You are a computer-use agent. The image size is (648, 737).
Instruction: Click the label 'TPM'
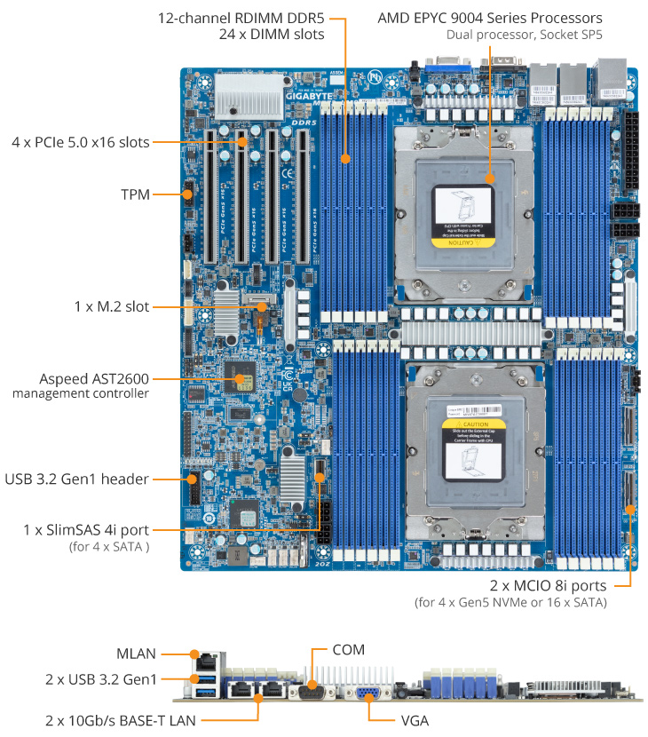[x=136, y=193]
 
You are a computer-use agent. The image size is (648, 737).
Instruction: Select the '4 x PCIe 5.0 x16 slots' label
[x=81, y=142]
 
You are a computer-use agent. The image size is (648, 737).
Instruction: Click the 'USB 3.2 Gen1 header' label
[x=77, y=479]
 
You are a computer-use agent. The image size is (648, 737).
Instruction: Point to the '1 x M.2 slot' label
[x=112, y=306]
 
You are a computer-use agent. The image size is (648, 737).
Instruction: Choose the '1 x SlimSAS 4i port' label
[x=86, y=530]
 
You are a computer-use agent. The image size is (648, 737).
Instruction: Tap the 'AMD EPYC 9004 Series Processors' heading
[x=489, y=18]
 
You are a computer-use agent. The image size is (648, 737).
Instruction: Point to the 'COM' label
[x=348, y=650]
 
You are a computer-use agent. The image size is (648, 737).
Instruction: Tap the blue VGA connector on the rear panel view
[x=369, y=695]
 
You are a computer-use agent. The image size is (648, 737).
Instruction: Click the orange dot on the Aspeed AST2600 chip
[x=240, y=379]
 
